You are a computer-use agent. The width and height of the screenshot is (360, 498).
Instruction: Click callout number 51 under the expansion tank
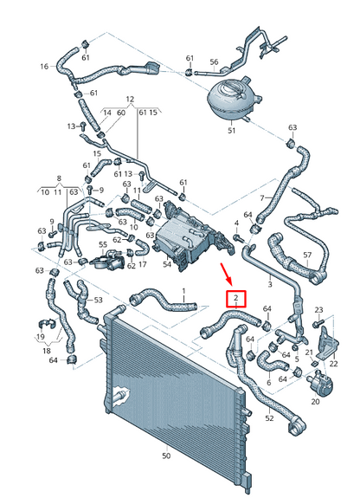(231, 131)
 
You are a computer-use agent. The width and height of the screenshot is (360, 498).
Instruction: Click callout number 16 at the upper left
(44, 66)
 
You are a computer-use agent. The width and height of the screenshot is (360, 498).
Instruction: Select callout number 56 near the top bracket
(215, 61)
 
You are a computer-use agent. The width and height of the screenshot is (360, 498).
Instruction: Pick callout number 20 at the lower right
(315, 401)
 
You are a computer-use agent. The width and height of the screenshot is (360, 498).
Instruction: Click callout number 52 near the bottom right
(269, 418)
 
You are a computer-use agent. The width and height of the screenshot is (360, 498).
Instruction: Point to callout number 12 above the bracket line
(131, 100)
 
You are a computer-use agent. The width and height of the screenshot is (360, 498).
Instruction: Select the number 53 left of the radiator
(98, 300)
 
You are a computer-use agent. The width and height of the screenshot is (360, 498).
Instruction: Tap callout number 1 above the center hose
(183, 291)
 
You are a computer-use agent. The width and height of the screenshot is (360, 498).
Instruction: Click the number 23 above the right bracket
(318, 309)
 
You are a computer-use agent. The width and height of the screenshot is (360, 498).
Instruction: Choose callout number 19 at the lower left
(40, 335)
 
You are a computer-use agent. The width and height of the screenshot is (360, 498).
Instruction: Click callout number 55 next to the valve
(102, 246)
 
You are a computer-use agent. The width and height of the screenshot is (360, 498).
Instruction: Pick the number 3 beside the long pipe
(270, 282)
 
